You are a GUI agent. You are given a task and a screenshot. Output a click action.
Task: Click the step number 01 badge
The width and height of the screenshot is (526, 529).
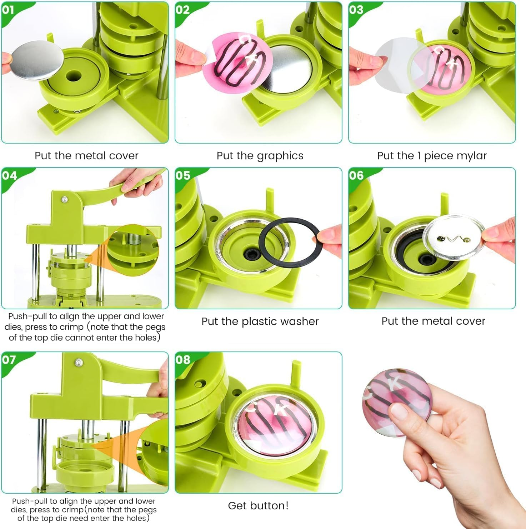(x=9, y=10)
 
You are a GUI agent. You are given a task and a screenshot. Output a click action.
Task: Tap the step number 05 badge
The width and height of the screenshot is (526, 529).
(x=182, y=175)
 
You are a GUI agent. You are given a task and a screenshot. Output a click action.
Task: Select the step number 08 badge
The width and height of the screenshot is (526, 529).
(x=182, y=359)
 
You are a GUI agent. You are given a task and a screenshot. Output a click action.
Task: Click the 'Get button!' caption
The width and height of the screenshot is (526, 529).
(x=258, y=505)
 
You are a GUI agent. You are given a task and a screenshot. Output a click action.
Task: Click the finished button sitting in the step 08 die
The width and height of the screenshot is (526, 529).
(x=275, y=423)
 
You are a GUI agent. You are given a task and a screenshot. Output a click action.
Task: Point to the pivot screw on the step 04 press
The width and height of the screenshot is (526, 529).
(x=64, y=199)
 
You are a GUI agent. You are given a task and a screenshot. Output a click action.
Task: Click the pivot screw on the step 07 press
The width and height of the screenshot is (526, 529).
(x=77, y=363)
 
